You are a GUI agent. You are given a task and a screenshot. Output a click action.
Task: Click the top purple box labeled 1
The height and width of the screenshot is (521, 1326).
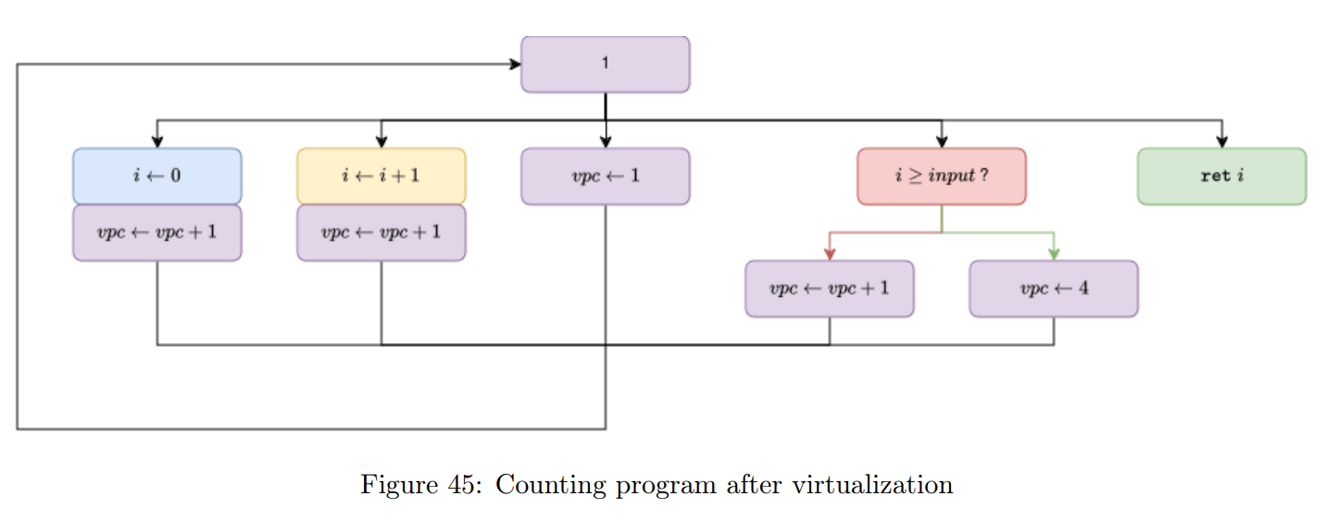pyautogui.click(x=605, y=64)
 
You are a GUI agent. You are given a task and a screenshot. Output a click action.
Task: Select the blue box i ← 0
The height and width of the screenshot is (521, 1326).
pyautogui.click(x=157, y=176)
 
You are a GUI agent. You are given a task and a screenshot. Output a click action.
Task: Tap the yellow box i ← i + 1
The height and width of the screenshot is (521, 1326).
pyautogui.click(x=381, y=176)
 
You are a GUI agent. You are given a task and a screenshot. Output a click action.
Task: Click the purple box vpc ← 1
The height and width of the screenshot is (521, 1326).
pyautogui.click(x=605, y=176)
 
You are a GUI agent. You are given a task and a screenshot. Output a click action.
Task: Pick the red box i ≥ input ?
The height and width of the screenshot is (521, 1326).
pyautogui.click(x=941, y=176)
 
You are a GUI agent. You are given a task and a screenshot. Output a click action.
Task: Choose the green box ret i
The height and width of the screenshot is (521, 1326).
pyautogui.click(x=1221, y=176)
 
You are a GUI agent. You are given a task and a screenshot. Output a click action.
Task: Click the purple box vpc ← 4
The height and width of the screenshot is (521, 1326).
pyautogui.click(x=1053, y=289)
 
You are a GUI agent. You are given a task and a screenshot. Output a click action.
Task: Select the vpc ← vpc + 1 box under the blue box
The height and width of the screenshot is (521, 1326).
pyautogui.click(x=157, y=232)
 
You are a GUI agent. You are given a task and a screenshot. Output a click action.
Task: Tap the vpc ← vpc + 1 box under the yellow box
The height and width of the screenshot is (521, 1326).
pyautogui.click(x=381, y=232)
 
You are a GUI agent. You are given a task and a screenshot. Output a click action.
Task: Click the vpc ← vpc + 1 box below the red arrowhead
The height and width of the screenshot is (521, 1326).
pyautogui.click(x=829, y=289)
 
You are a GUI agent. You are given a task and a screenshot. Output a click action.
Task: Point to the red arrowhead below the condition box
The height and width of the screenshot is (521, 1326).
pyautogui.click(x=830, y=254)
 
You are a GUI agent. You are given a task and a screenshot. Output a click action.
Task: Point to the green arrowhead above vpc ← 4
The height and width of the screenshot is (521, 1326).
pyautogui.click(x=1054, y=254)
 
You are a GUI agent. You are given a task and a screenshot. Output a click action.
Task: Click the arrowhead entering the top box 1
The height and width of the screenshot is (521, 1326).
pyautogui.click(x=514, y=64)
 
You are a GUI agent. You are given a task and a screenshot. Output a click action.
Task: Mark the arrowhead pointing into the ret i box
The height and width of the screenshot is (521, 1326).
pyautogui.click(x=1222, y=142)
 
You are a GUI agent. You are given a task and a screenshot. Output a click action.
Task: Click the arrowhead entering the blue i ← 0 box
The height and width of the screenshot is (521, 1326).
pyautogui.click(x=157, y=142)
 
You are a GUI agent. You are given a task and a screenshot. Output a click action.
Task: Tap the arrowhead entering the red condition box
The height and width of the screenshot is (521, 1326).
pyautogui.click(x=942, y=142)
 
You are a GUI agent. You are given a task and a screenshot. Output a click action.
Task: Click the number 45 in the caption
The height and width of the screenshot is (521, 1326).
pyautogui.click(x=464, y=485)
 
